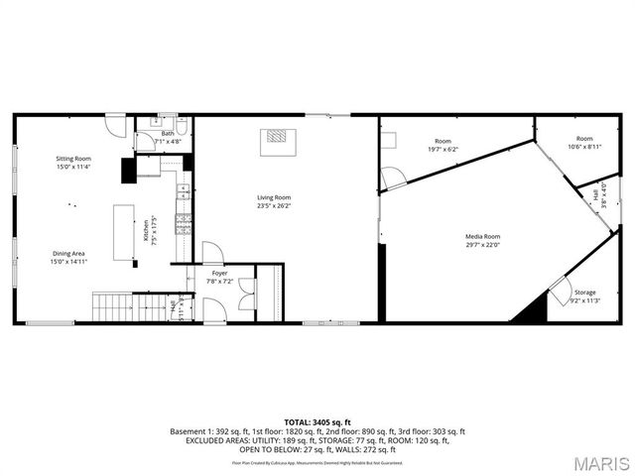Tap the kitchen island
(x=125, y=233)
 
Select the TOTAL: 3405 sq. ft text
(x=317, y=422)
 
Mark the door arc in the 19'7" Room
(x=394, y=178)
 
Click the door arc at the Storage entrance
(x=560, y=291)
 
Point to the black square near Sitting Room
(x=128, y=171)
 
